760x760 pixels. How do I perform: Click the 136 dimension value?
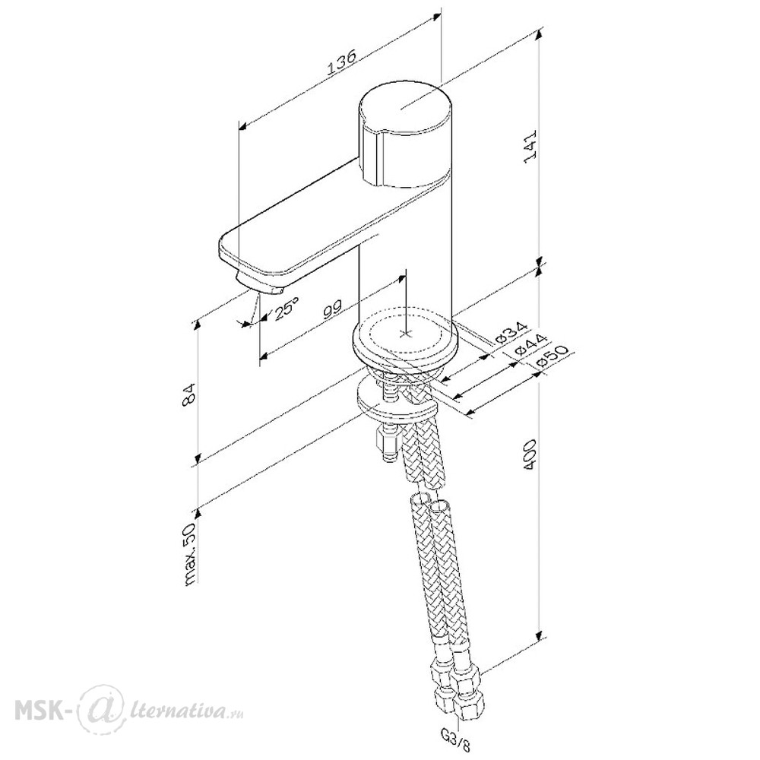(x=342, y=62)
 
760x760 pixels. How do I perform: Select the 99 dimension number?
(x=333, y=309)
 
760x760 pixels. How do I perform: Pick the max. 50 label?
(x=190, y=553)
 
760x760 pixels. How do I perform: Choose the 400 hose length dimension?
(x=530, y=454)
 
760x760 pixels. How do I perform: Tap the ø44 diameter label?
(x=530, y=344)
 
